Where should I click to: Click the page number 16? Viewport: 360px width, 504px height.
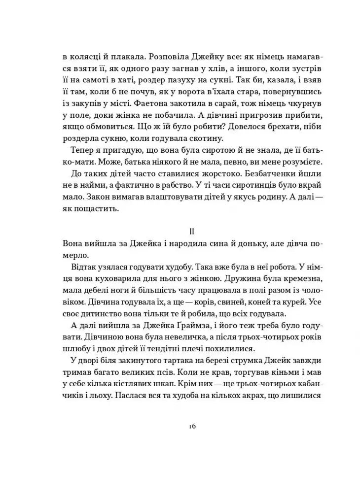point(192,426)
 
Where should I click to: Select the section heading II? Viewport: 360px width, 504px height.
point(193,231)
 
